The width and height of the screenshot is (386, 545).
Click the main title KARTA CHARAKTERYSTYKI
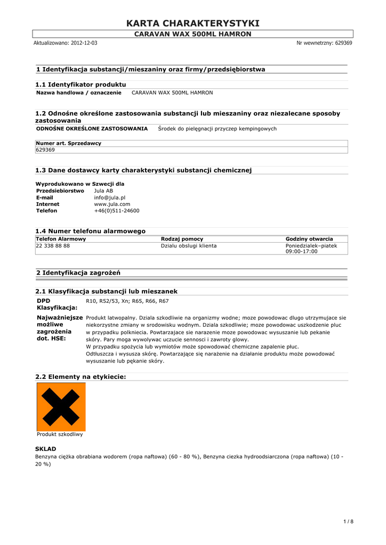[x=193, y=23]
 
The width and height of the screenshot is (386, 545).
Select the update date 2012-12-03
[x=84, y=43]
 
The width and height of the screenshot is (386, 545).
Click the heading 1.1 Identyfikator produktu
[x=81, y=85]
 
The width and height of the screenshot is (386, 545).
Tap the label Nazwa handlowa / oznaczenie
[x=79, y=93]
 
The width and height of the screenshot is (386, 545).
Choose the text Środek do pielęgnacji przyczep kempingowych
[x=217, y=129]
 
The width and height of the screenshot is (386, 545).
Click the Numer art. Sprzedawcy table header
[x=69, y=143]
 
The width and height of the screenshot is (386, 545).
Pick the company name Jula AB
[x=103, y=191]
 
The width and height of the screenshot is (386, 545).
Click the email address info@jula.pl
[x=110, y=197]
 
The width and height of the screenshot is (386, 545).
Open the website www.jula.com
[x=112, y=204]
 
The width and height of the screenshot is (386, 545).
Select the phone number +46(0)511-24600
[x=117, y=211]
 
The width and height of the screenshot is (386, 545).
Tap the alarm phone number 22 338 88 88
[x=53, y=246]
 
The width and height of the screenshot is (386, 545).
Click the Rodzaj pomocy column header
[x=182, y=239]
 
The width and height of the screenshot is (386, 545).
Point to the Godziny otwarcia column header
[x=309, y=239]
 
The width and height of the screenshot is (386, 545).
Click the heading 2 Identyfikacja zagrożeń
[x=78, y=273]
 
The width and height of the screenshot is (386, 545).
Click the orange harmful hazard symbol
[x=61, y=407]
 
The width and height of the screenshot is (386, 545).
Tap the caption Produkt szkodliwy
[x=60, y=434]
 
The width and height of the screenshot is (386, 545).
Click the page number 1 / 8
[x=349, y=521]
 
